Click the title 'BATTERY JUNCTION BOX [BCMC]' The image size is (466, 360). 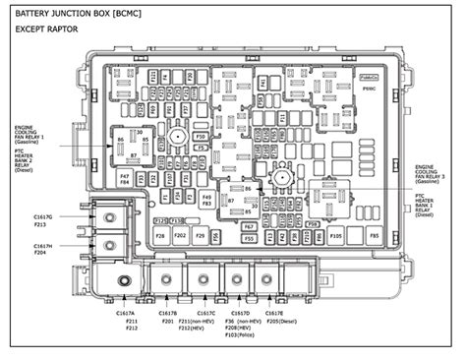pyautogui.click(x=77, y=13)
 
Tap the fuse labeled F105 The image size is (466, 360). pyautogui.click(x=335, y=235)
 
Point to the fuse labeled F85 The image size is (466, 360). pyautogui.click(x=374, y=235)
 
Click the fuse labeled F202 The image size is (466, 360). pyautogui.click(x=180, y=236)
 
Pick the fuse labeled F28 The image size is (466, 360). pyautogui.click(x=159, y=236)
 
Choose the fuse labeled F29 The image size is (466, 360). pyautogui.click(x=201, y=236)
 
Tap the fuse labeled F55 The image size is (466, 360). pyautogui.click(x=249, y=237)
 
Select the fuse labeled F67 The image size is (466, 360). pyautogui.click(x=249, y=225)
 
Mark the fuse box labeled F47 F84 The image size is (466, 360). pyautogui.click(x=124, y=179)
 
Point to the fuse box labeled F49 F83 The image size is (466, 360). pyautogui.click(x=206, y=200)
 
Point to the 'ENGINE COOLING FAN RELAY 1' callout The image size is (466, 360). pyautogui.click(x=36, y=135)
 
